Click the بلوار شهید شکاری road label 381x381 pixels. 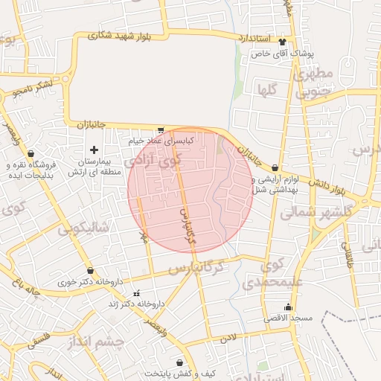[119, 34]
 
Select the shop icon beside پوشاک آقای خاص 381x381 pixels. [283, 42]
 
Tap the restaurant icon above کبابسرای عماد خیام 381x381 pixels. [161, 129]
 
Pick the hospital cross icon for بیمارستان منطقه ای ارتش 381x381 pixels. [94, 150]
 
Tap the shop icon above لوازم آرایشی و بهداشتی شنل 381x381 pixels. [276, 168]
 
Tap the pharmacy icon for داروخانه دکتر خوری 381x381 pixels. [91, 271]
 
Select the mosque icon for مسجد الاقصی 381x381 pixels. [289, 307]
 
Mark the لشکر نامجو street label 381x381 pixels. [33, 89]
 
